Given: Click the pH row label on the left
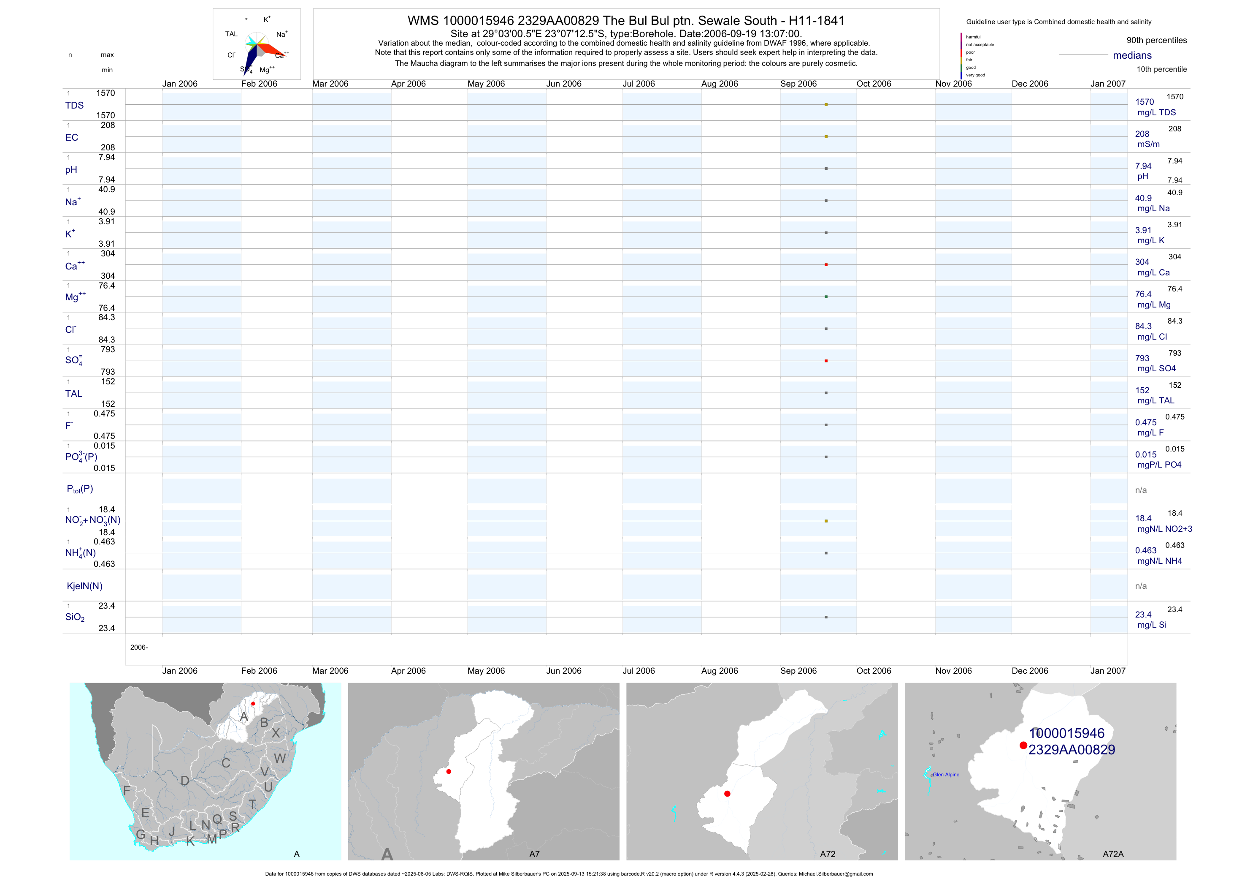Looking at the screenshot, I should [x=71, y=170].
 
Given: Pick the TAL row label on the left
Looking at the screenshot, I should [x=74, y=394].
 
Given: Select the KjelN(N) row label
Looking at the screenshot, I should [x=84, y=586].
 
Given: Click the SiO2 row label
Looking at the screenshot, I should [x=75, y=617].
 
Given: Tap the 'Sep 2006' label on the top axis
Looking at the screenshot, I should [x=798, y=84].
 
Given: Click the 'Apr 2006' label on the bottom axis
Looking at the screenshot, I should [x=408, y=671].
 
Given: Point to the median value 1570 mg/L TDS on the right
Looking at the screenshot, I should [x=1145, y=102].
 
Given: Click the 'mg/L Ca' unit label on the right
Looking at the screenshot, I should [x=1153, y=272].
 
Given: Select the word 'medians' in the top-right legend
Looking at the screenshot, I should [x=1132, y=55].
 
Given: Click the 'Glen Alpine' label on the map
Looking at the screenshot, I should [x=946, y=775].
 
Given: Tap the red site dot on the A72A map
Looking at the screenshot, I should [x=1023, y=746].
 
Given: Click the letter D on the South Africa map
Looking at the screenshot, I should [x=185, y=781].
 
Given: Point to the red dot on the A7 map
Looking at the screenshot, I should [x=449, y=772].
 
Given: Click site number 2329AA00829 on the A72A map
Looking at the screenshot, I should [x=1071, y=750].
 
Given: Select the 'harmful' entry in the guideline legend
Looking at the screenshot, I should [x=973, y=37].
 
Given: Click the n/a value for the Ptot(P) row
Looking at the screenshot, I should [x=1141, y=490].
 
